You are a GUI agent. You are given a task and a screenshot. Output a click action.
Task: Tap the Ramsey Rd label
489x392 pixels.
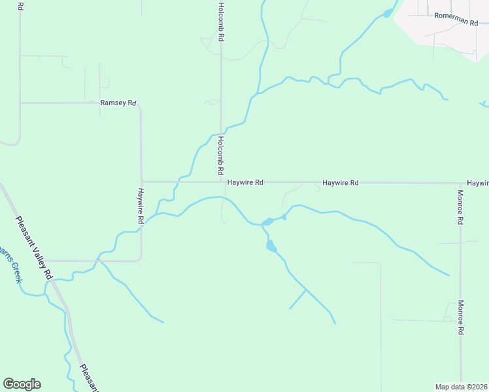[118, 103]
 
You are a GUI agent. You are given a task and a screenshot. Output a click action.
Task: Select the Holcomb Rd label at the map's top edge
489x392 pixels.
[221, 22]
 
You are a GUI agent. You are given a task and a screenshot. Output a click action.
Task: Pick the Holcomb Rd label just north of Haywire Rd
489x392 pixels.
[221, 155]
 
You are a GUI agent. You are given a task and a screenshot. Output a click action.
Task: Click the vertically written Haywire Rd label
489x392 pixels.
[140, 206]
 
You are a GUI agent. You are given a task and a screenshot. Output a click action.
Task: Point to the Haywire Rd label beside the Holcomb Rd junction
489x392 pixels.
[244, 183]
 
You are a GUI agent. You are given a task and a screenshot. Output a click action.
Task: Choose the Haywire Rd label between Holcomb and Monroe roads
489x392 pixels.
[341, 183]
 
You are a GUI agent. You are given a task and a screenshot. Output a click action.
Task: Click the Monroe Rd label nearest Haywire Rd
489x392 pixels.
[460, 207]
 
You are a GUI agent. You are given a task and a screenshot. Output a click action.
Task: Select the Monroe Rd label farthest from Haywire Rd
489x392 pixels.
[460, 318]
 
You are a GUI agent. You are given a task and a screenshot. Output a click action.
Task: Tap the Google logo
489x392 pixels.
[22, 384]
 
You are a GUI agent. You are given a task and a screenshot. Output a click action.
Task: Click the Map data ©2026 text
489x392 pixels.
[461, 386]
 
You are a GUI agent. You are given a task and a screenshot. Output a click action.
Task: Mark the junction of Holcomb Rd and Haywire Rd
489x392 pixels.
[222, 182]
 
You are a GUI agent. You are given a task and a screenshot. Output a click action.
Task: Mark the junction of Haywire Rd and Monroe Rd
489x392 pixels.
[460, 183]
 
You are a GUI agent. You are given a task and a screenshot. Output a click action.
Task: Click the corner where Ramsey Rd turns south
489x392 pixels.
[140, 105]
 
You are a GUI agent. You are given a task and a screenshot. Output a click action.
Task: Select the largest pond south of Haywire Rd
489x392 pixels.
[271, 246]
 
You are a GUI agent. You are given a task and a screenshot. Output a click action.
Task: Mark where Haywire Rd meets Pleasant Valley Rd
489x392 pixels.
[46, 261]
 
